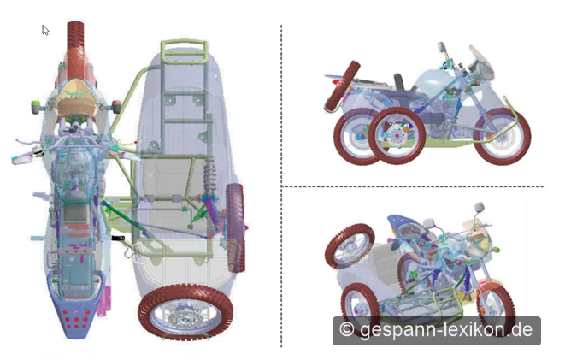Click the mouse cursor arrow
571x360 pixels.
[44, 30]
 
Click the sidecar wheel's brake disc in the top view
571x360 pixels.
[185, 319]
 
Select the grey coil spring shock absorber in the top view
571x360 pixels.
[210, 177]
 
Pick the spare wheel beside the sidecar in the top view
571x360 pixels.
[235, 227]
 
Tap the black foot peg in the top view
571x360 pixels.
[118, 238]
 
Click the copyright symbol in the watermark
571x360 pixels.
[346, 329]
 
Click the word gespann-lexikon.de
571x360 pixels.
[446, 330]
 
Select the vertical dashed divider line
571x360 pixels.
[281, 186]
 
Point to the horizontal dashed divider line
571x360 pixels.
[413, 186]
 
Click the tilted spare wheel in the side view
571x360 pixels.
[342, 86]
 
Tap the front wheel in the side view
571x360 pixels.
[502, 136]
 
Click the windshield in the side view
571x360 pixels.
[481, 62]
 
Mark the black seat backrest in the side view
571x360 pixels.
[399, 82]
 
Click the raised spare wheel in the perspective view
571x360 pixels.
[350, 246]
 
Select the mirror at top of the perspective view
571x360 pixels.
[480, 207]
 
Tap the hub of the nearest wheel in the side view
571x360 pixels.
[397, 136]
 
